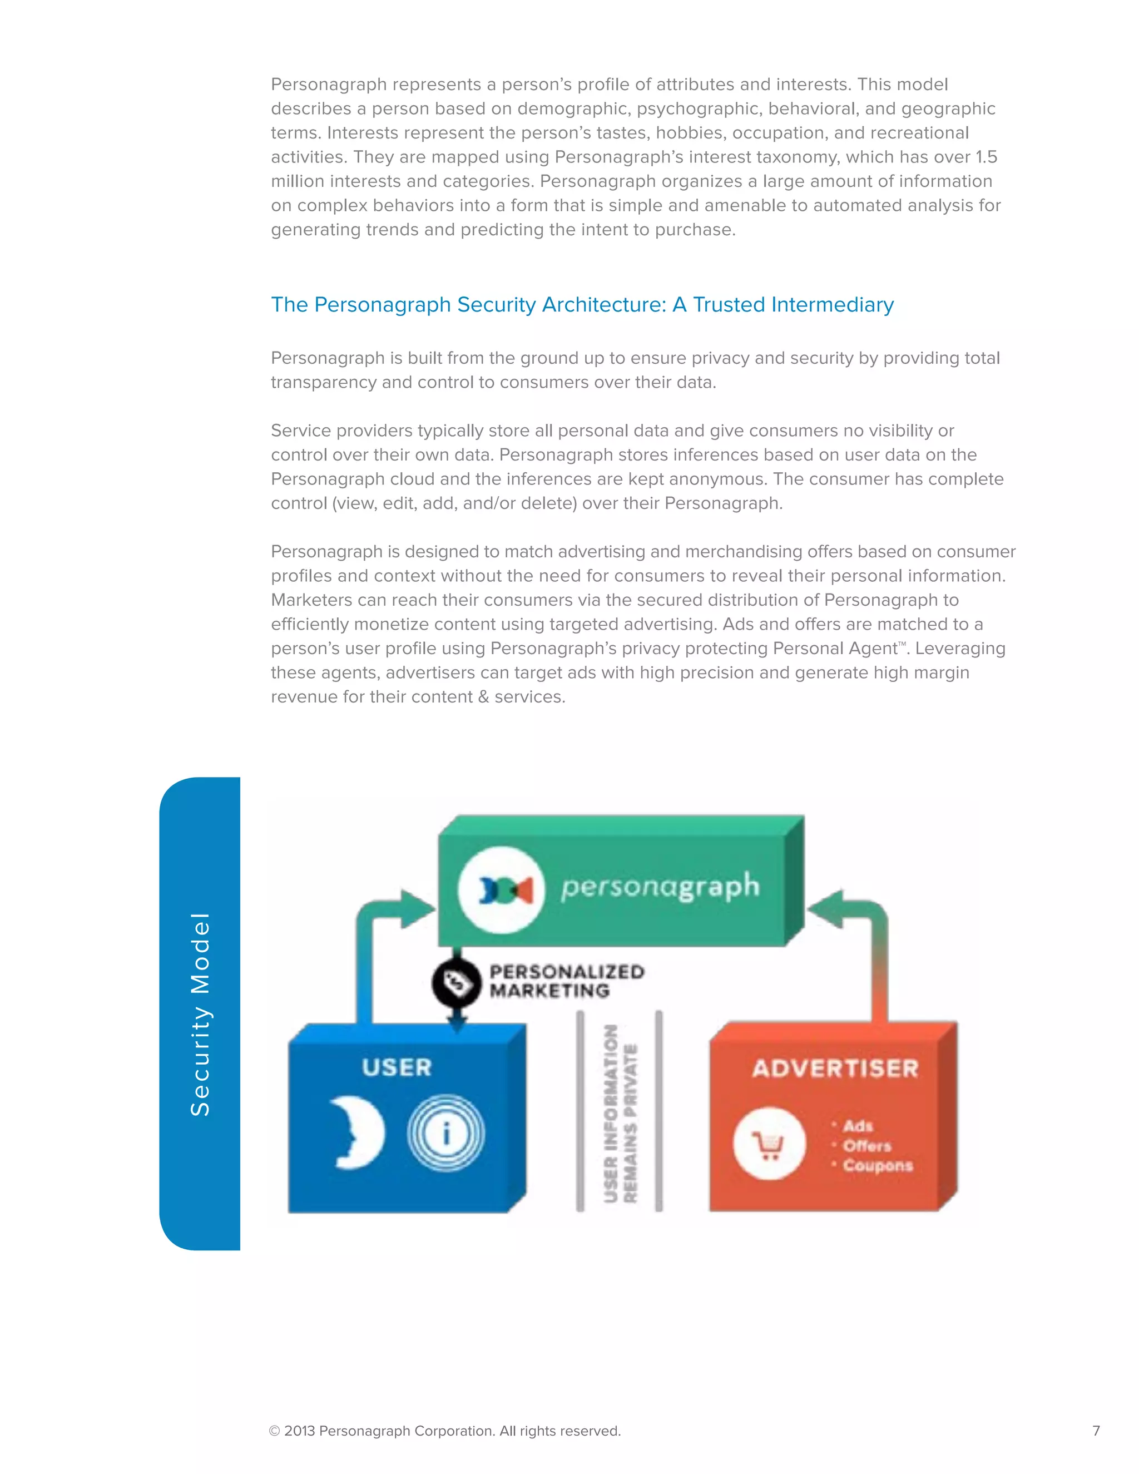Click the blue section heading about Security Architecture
click(582, 304)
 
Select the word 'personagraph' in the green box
click(660, 887)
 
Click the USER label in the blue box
click(397, 1067)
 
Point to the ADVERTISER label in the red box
click(835, 1069)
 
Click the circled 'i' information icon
click(445, 1133)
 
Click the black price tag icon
click(456, 983)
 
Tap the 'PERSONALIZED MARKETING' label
click(566, 981)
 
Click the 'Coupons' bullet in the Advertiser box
click(876, 1165)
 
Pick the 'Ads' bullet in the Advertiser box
click(857, 1126)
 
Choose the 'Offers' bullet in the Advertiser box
click(866, 1146)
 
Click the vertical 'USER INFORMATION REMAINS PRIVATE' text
click(620, 1114)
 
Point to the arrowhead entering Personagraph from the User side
click(418, 908)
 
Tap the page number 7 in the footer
click(1096, 1430)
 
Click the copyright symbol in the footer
click(275, 1431)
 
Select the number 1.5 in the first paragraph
click(986, 157)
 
